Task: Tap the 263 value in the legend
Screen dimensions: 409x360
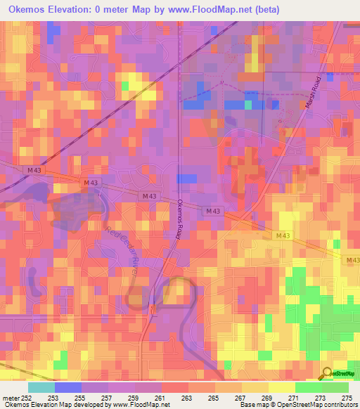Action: pyautogui.click(x=188, y=397)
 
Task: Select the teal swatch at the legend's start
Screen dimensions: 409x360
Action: pyautogui.click(x=41, y=387)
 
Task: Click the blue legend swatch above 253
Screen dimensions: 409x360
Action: pyautogui.click(x=68, y=387)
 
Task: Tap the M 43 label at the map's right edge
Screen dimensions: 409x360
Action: pyautogui.click(x=353, y=260)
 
